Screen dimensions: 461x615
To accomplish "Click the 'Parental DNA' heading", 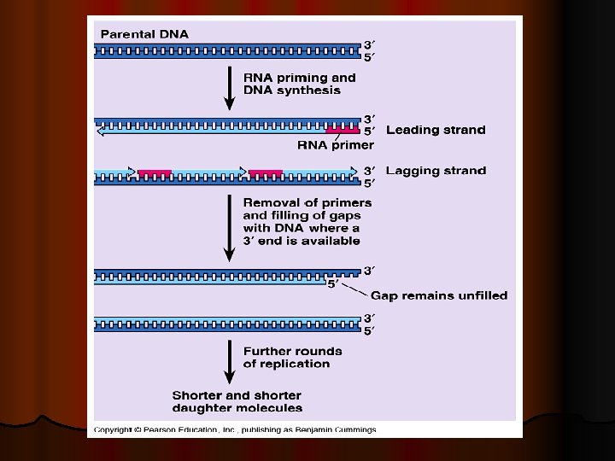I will tap(145, 34).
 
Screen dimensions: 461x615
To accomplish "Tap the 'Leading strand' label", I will tap(436, 131).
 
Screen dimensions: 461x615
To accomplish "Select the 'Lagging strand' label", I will tap(436, 171).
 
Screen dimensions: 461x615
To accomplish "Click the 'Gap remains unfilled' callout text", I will tap(439, 295).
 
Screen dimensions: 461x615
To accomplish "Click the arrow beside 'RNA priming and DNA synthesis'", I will tap(229, 89).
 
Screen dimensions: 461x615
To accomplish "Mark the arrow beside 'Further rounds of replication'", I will tap(229, 365).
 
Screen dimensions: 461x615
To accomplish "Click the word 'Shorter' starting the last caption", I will tap(199, 395).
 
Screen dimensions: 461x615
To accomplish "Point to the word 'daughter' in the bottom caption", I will tap(203, 408).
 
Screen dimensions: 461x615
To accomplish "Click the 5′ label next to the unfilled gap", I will tap(336, 284).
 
